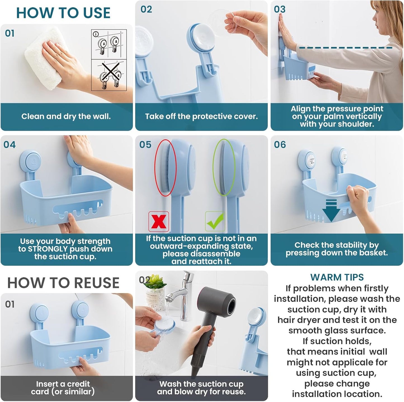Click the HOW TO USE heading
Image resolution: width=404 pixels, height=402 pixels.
click(x=63, y=13)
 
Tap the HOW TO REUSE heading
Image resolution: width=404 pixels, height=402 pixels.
click(x=63, y=283)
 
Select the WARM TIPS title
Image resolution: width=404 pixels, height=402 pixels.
click(x=337, y=277)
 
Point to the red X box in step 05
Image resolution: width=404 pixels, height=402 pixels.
click(x=159, y=222)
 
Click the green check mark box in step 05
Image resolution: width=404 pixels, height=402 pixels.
click(x=215, y=221)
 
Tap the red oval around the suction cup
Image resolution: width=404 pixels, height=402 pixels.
click(x=166, y=167)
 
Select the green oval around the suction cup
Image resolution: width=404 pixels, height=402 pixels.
click(x=224, y=167)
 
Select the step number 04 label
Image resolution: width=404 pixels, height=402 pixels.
click(x=10, y=145)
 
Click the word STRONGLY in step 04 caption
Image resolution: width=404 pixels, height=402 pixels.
click(x=48, y=249)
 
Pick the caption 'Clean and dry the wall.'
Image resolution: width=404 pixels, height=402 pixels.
click(x=66, y=116)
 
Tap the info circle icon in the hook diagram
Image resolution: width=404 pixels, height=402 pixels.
click(x=96, y=34)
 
